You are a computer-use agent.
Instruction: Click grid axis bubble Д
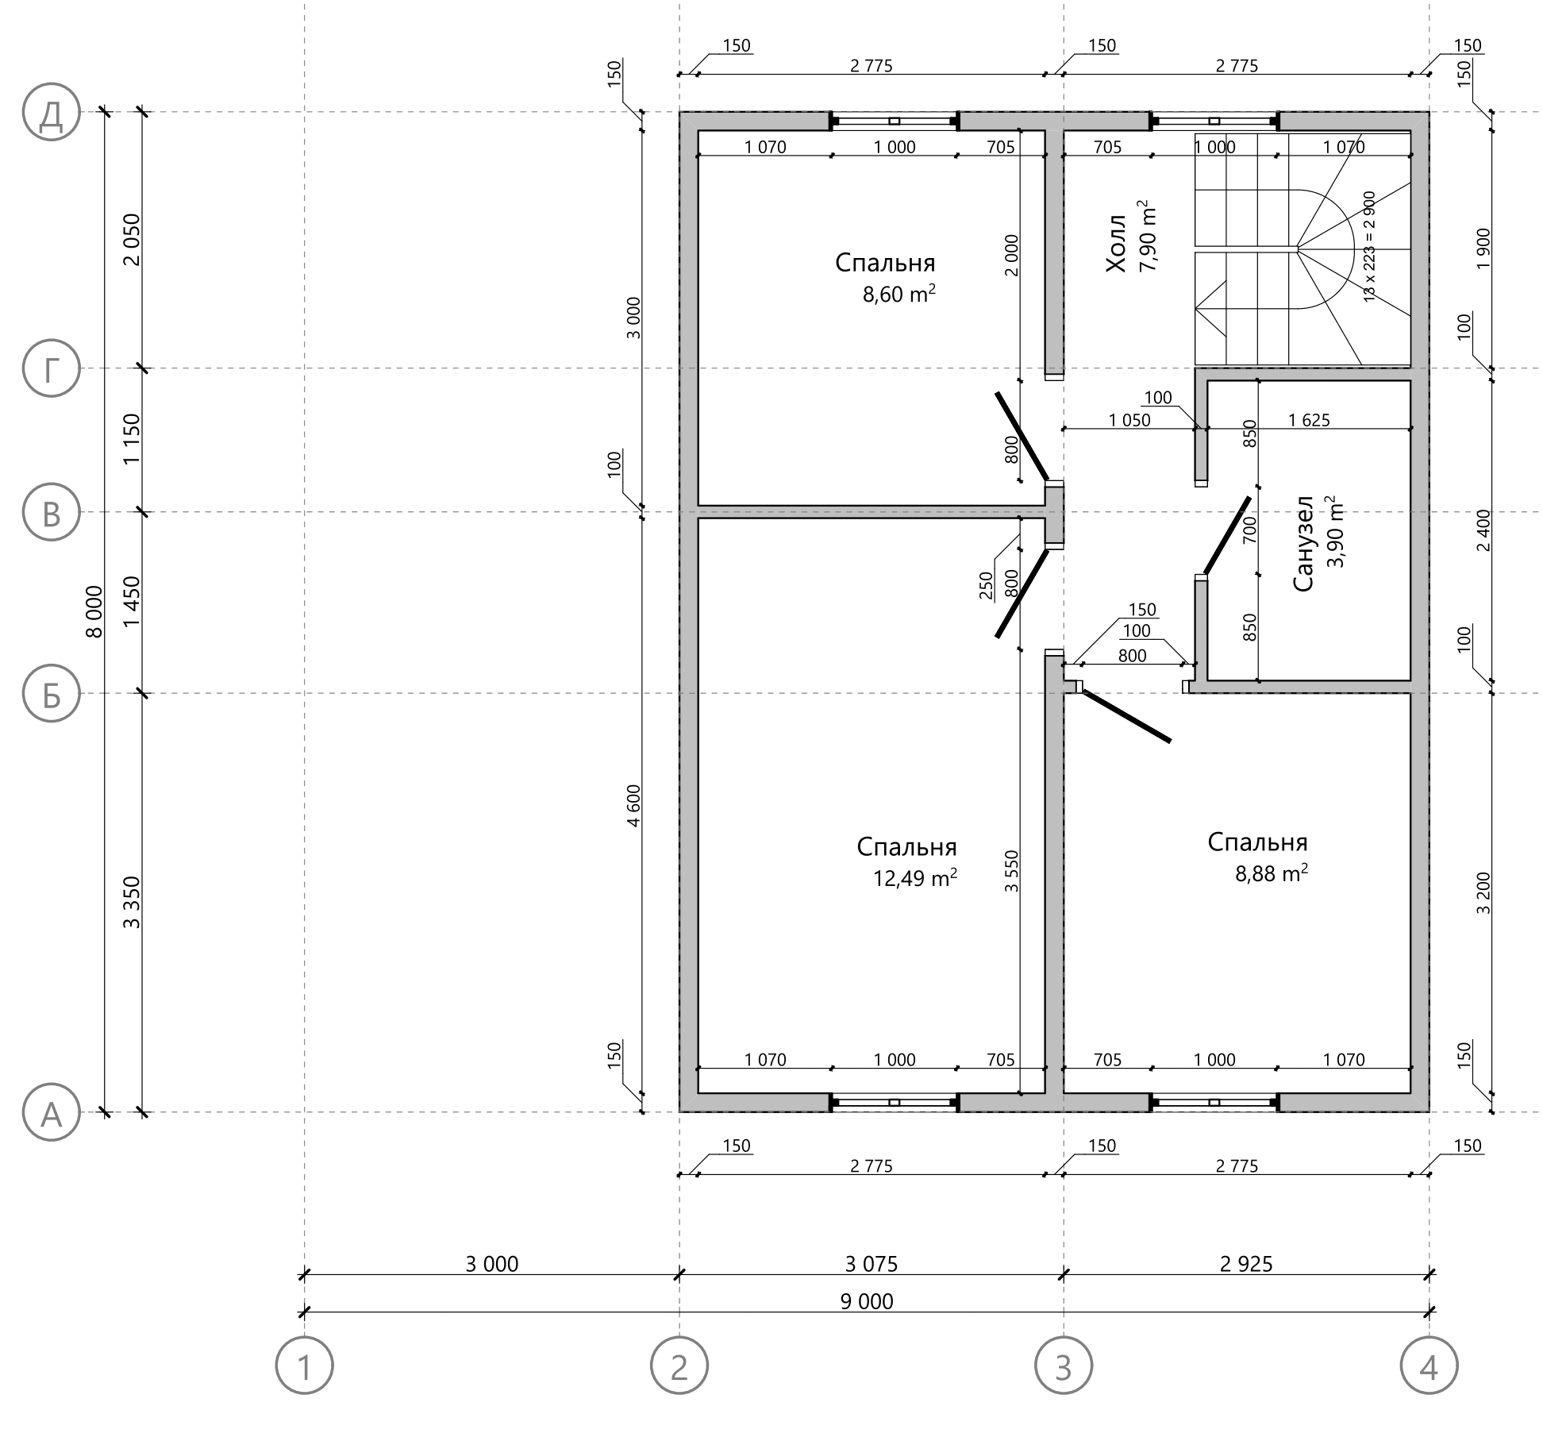tap(52, 112)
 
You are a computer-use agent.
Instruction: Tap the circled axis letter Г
tap(52, 368)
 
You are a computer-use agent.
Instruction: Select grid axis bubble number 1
tap(305, 1366)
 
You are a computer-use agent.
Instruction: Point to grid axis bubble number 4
tap(1429, 1366)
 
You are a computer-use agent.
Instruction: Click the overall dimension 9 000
tap(867, 1300)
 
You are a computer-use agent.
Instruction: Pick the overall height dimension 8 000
tap(94, 611)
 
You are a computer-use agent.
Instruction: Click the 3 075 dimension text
tap(872, 1263)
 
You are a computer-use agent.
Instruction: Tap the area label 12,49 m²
tap(915, 878)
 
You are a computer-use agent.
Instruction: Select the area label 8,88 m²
tap(1272, 873)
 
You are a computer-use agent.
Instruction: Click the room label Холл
tap(1116, 243)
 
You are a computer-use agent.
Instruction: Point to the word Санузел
tap(1303, 544)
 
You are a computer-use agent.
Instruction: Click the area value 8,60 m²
tap(899, 294)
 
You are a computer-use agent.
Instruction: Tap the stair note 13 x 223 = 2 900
tap(1369, 246)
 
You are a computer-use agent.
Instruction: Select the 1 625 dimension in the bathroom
tap(1309, 420)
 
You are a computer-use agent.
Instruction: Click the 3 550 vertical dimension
tap(1011, 871)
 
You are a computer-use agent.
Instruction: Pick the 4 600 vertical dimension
tap(633, 806)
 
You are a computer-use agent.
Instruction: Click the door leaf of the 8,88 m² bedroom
tap(1126, 716)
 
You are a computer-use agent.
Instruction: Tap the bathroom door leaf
tap(1227, 534)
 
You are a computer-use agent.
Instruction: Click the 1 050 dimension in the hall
tap(1129, 420)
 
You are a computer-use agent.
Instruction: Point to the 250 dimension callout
tap(987, 586)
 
